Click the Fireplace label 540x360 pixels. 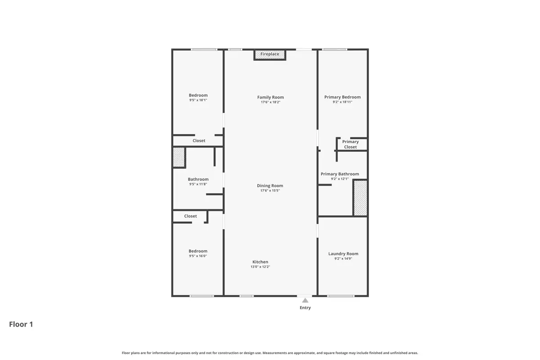pos(270,54)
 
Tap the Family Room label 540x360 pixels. pos(270,97)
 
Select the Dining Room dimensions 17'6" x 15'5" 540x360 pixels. pos(270,190)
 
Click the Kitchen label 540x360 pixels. pos(261,262)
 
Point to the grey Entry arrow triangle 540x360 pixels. pos(305,300)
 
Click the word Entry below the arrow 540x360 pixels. pos(305,308)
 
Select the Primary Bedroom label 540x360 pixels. pos(342,97)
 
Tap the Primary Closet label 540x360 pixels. pos(351,144)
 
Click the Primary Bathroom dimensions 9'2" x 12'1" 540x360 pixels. pos(340,179)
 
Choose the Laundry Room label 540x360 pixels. pos(343,254)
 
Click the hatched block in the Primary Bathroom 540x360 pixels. pos(360,198)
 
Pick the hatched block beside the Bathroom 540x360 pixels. pos(179,157)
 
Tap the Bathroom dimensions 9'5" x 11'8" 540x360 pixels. pos(198,184)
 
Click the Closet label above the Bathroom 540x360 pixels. pos(199,140)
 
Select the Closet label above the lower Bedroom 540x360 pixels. pos(190,216)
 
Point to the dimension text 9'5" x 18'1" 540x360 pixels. pos(198,100)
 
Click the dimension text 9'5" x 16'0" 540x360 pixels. pos(198,256)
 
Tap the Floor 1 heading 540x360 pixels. pos(21,324)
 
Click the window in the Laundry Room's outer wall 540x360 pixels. pos(341,296)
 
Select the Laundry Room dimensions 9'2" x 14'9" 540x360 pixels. pos(343,259)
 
